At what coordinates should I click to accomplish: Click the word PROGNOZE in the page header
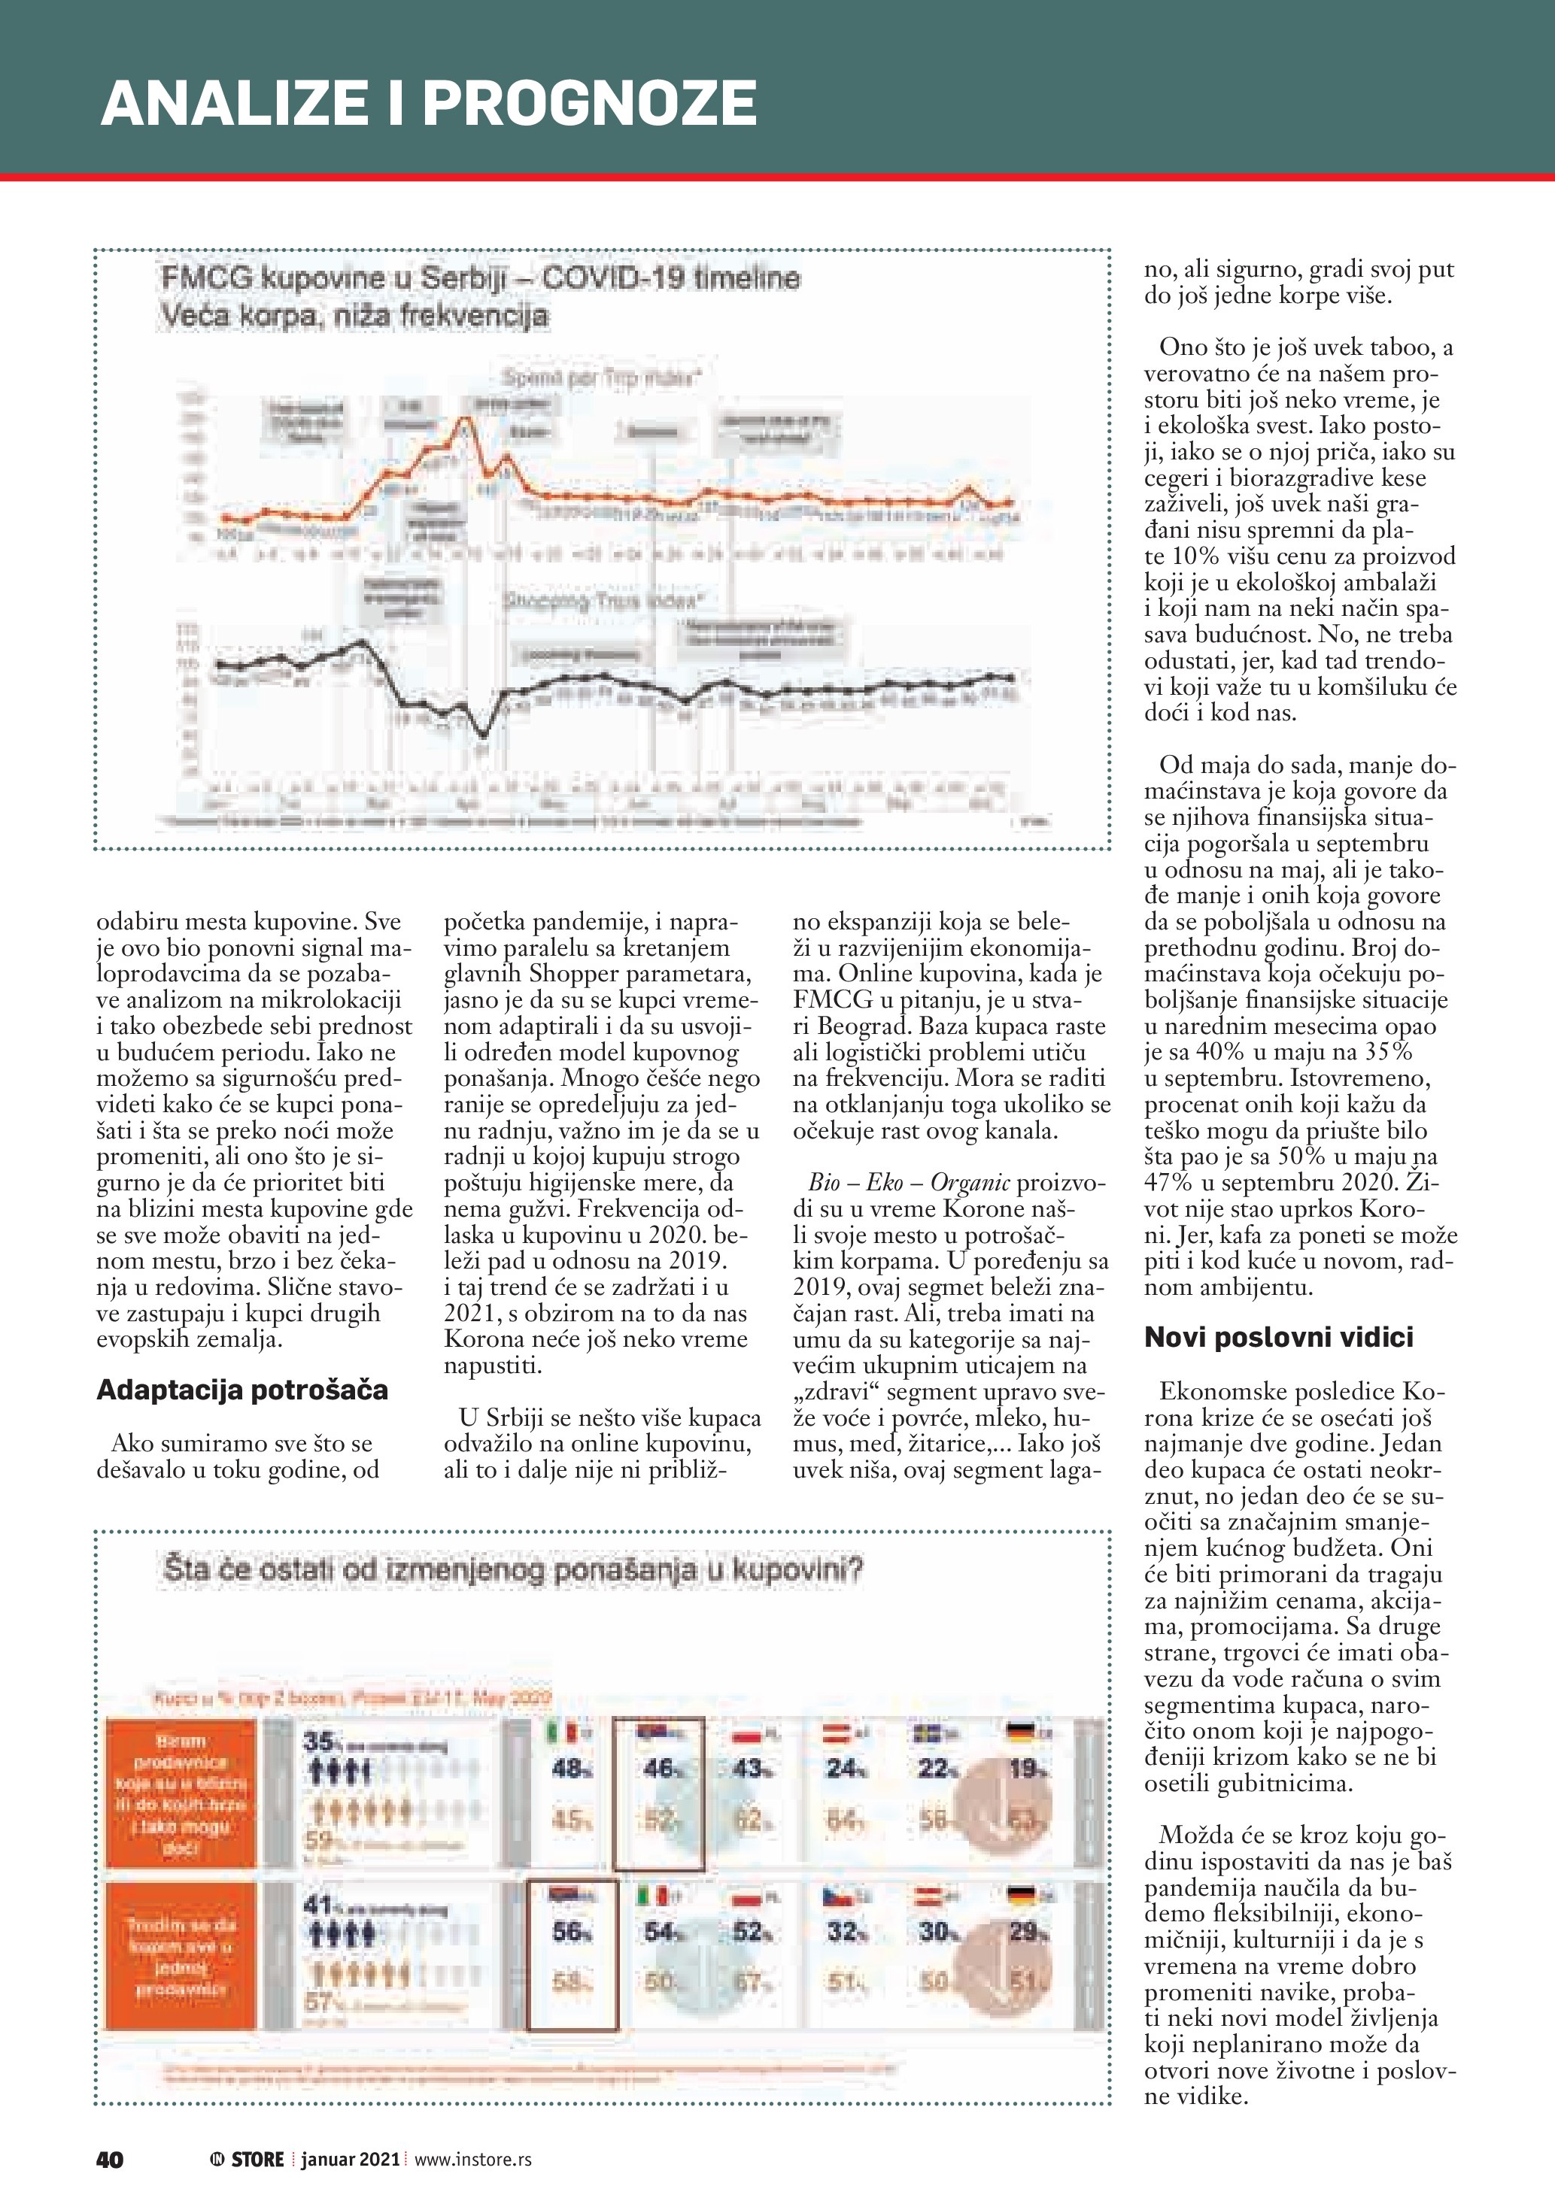point(589,103)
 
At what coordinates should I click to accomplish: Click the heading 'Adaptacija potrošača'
point(242,1390)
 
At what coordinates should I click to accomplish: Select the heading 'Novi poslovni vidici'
point(1278,1337)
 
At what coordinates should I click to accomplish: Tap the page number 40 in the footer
point(110,2159)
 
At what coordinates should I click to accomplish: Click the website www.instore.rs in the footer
point(473,2159)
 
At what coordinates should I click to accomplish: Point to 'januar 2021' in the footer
point(350,2159)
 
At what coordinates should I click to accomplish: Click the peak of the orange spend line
point(467,417)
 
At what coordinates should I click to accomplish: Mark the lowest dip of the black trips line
point(484,735)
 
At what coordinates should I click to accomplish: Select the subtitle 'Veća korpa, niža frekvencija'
point(354,315)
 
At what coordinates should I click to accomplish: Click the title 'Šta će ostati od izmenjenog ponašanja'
point(512,1570)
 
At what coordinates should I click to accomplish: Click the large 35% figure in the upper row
point(318,1742)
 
